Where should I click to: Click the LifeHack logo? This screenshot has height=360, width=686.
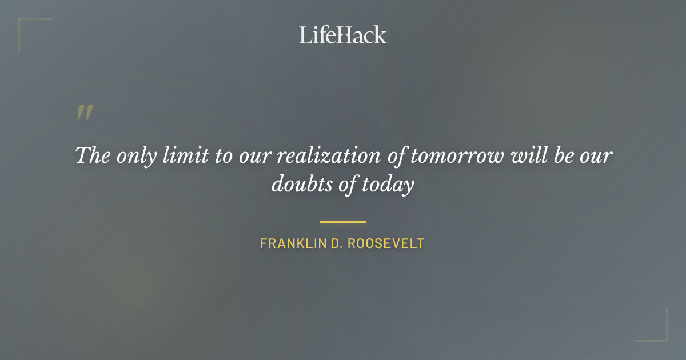343,35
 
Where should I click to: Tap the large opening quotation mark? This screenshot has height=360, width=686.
84,113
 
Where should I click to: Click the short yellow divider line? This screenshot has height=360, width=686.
343,222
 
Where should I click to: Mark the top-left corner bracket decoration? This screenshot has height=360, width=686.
26,26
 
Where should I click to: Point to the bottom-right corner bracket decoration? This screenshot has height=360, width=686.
660,334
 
